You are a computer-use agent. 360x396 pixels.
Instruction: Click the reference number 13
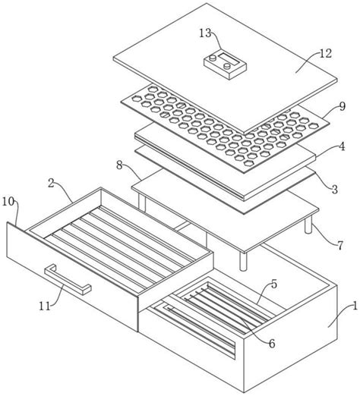point(204,33)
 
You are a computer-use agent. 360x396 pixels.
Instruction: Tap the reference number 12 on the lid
point(325,53)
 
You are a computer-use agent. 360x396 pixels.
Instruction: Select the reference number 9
point(342,106)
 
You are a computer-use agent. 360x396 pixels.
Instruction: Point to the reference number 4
point(342,146)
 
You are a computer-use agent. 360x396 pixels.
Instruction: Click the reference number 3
point(335,189)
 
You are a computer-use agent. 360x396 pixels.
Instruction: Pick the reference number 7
point(340,245)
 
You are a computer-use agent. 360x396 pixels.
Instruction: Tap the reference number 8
point(119,165)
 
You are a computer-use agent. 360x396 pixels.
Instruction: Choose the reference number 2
point(51,184)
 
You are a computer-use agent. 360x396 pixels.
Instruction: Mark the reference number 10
point(8,202)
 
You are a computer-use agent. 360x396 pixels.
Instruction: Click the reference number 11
point(45,306)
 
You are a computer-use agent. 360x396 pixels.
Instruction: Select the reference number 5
point(274,284)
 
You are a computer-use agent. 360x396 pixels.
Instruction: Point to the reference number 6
point(272,344)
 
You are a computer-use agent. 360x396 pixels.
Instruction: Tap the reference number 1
point(355,306)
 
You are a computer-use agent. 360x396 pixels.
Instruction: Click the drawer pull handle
point(68,279)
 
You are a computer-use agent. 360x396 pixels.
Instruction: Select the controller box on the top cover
point(226,65)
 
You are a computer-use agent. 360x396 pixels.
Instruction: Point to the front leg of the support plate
point(243,260)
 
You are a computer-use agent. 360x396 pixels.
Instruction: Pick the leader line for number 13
point(216,39)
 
